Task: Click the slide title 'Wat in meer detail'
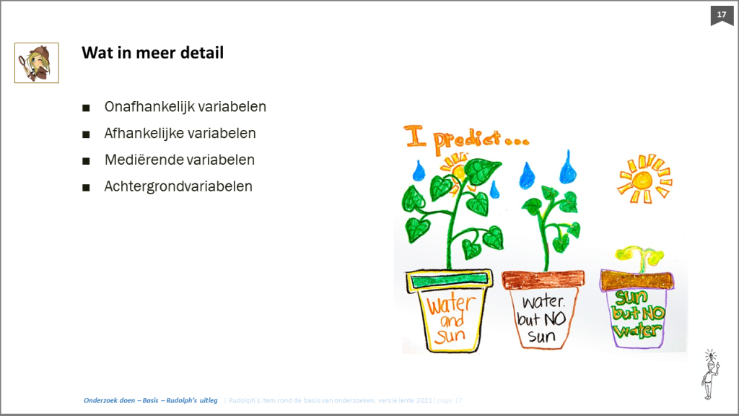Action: click(x=152, y=53)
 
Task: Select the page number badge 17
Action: click(x=721, y=14)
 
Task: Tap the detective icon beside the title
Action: click(x=37, y=63)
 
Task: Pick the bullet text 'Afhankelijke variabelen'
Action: click(x=180, y=134)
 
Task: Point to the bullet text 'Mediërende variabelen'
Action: click(x=180, y=160)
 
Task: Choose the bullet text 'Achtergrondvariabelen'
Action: click(x=178, y=186)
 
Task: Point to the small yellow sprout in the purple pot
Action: click(x=637, y=258)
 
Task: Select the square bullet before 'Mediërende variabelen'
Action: click(x=87, y=161)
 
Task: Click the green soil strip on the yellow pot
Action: click(x=449, y=280)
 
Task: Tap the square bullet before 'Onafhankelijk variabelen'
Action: click(x=87, y=108)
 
